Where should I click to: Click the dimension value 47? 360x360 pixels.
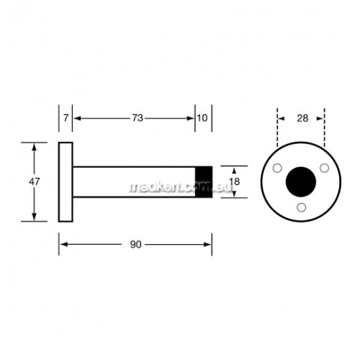coord(35,181)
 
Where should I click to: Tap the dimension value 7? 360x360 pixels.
coord(66,118)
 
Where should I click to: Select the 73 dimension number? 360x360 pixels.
coord(138,118)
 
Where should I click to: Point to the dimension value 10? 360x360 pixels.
coord(202,118)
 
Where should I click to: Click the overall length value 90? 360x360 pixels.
coord(135,245)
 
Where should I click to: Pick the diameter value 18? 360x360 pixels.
coord(234,181)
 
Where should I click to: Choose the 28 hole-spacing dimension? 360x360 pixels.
coord(302,118)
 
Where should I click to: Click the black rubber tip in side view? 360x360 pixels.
coord(204,181)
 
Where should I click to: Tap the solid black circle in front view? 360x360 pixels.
coord(301,181)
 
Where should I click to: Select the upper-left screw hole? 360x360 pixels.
coord(277,168)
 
